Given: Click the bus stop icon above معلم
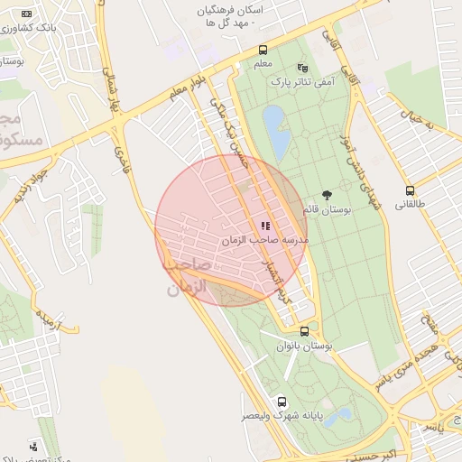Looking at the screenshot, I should [263, 51].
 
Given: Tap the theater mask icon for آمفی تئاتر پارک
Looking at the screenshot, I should [302, 68].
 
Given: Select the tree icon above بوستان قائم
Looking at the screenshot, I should [326, 195].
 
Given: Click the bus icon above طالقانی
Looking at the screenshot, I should [411, 190].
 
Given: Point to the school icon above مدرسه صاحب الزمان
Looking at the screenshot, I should [265, 226].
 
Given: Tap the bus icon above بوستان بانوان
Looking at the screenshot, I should [305, 331].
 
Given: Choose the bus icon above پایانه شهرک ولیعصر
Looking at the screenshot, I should [282, 402].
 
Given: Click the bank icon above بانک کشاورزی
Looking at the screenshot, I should [26, 14].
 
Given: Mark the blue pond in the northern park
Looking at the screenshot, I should [276, 130].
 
